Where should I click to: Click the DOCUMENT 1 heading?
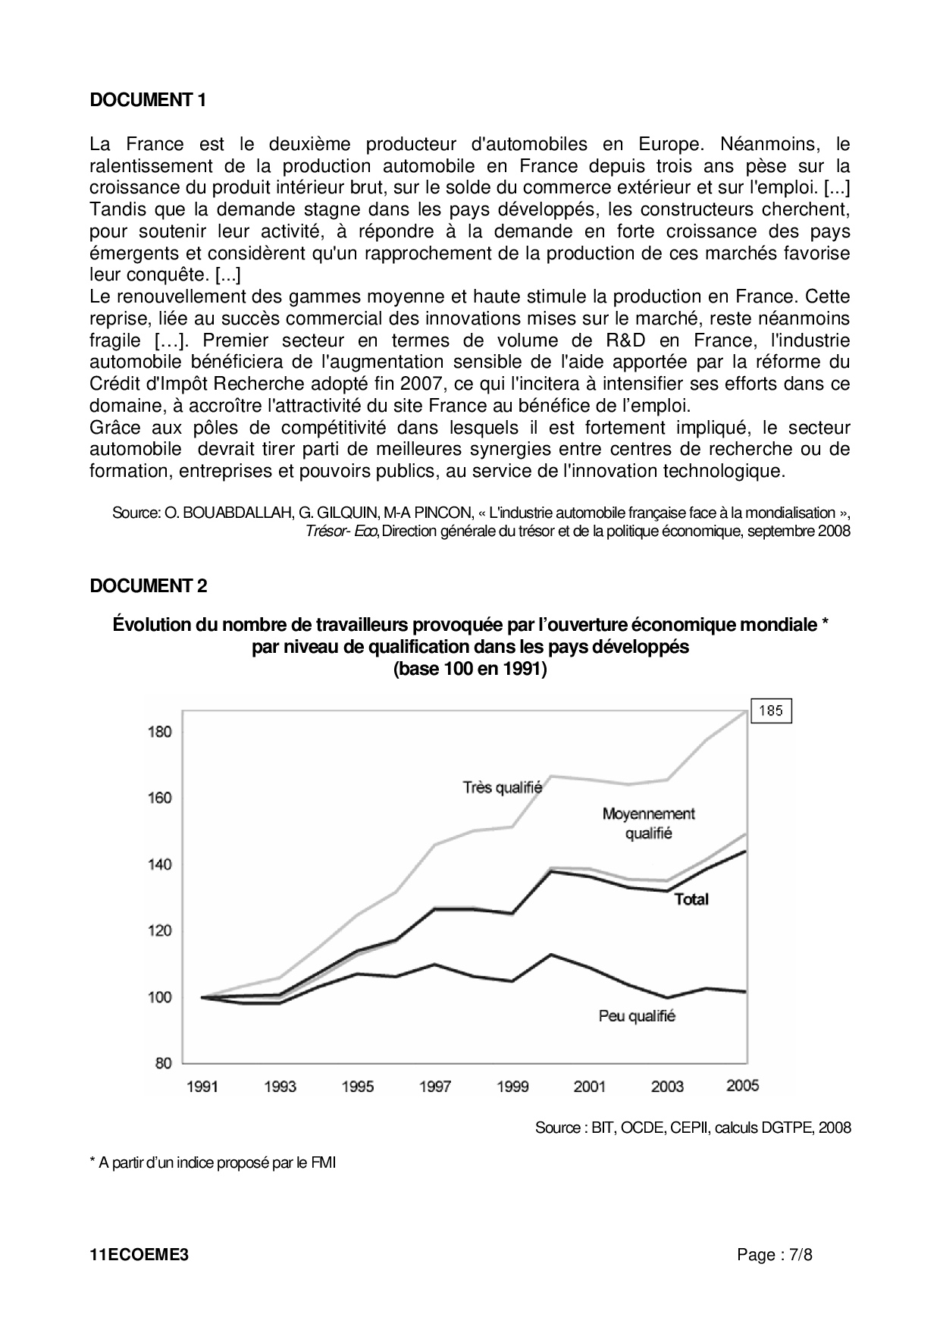(x=148, y=100)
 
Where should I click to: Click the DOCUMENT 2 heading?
(x=148, y=586)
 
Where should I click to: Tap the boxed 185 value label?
(x=770, y=711)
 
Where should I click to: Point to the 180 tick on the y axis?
(x=160, y=732)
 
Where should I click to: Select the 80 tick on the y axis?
(x=163, y=1063)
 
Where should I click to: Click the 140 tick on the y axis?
(x=160, y=864)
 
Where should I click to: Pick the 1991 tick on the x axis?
(x=202, y=1087)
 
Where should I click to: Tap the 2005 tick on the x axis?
(x=742, y=1086)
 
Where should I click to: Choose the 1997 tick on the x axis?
(x=434, y=1087)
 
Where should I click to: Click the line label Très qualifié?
(x=502, y=788)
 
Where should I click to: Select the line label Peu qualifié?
(x=637, y=1016)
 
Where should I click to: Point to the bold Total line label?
(x=691, y=899)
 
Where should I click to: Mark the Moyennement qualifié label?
(x=648, y=823)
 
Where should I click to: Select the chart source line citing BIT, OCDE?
(x=693, y=1128)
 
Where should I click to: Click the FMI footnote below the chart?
(x=213, y=1162)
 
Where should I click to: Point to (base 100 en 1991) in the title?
(x=470, y=670)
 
